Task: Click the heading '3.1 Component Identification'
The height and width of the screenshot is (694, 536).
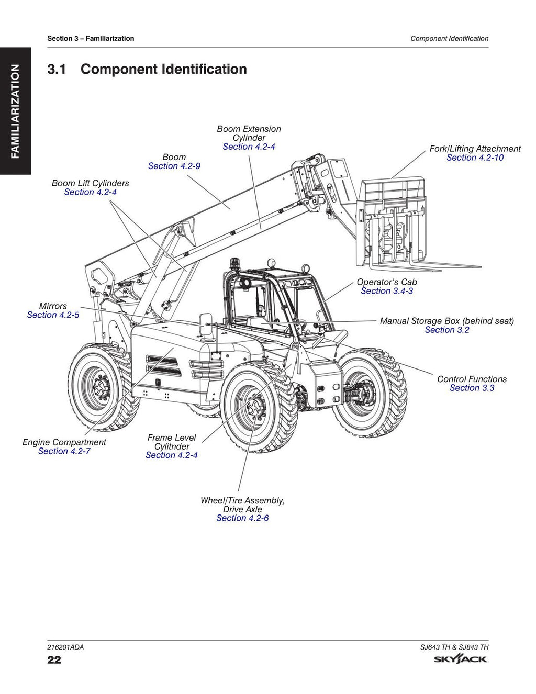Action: click(147, 69)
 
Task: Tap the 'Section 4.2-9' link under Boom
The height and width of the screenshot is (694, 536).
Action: click(174, 166)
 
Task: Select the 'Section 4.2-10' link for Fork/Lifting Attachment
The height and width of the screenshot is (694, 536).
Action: click(475, 158)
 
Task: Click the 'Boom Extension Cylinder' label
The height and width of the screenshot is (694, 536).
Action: click(249, 133)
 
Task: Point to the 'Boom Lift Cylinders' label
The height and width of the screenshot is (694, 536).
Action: click(90, 183)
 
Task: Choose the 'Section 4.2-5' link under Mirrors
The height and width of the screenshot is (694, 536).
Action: click(53, 315)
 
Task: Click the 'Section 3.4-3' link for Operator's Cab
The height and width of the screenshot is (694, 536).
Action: click(386, 291)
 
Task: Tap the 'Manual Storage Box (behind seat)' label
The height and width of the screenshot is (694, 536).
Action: click(446, 321)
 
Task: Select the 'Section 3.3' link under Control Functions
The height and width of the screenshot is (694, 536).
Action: click(472, 388)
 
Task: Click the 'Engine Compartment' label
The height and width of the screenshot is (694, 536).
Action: click(64, 442)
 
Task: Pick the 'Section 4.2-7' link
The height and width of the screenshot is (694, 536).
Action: click(64, 451)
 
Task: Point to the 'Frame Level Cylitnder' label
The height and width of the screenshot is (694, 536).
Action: click(172, 442)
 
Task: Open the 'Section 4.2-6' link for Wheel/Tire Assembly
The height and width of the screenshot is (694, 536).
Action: click(242, 518)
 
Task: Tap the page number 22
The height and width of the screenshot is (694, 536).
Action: click(54, 659)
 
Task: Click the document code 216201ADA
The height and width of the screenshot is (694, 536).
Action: click(65, 647)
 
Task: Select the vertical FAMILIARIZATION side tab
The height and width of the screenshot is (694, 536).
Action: click(15, 111)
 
